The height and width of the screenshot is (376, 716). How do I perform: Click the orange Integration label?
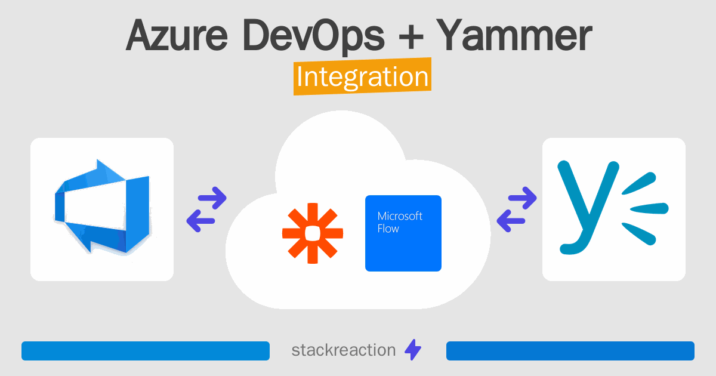pyautogui.click(x=362, y=78)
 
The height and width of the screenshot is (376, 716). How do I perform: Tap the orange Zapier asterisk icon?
pyautogui.click(x=313, y=233)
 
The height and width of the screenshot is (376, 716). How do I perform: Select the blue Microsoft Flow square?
pyautogui.click(x=403, y=233)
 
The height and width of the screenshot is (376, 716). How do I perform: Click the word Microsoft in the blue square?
pyautogui.click(x=400, y=215)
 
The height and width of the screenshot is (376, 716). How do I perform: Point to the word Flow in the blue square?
pyautogui.click(x=388, y=229)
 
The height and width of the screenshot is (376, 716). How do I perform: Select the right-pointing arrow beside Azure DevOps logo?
pyautogui.click(x=213, y=198)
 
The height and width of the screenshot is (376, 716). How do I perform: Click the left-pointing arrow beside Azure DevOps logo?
pyautogui.click(x=201, y=220)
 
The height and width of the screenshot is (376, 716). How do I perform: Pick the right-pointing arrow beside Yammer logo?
pyautogui.click(x=523, y=198)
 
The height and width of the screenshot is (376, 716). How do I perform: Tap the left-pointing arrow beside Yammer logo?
pyautogui.click(x=511, y=220)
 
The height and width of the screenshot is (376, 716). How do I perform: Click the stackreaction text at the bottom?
pyautogui.click(x=343, y=350)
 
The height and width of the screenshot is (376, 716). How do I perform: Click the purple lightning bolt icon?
pyautogui.click(x=413, y=350)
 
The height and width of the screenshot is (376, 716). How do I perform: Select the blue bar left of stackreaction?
pyautogui.click(x=146, y=351)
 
